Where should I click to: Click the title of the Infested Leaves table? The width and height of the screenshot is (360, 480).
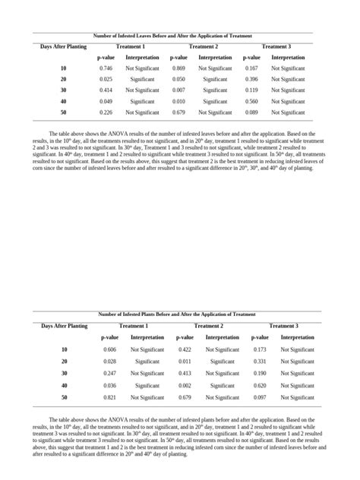pyautogui.click(x=172, y=36)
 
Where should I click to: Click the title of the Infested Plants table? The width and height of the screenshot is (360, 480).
pyautogui.click(x=176, y=314)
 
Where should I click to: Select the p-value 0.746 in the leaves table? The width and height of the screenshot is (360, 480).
pyautogui.click(x=106, y=68)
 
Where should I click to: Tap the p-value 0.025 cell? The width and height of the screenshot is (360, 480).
pyautogui.click(x=106, y=79)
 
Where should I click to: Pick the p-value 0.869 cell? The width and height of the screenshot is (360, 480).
pyautogui.click(x=178, y=68)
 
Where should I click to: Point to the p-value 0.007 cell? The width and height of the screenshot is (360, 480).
pyautogui.click(x=178, y=90)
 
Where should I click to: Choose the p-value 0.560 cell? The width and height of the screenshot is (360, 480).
pyautogui.click(x=251, y=101)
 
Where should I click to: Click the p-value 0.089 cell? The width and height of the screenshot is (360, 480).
pyautogui.click(x=251, y=112)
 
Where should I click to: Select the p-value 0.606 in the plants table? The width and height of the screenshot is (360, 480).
pyautogui.click(x=109, y=349)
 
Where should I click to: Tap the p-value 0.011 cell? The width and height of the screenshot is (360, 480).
pyautogui.click(x=185, y=362)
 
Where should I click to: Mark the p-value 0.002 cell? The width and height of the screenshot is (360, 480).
pyautogui.click(x=185, y=385)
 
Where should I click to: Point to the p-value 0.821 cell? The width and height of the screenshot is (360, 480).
pyautogui.click(x=109, y=397)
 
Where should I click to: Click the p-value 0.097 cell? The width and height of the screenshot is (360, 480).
pyautogui.click(x=260, y=397)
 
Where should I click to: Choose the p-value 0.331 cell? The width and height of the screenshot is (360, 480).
pyautogui.click(x=260, y=362)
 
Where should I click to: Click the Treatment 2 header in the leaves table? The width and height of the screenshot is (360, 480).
pyautogui.click(x=204, y=46)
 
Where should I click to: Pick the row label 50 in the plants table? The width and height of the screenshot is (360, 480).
pyautogui.click(x=65, y=397)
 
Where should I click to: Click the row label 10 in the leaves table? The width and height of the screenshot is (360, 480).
pyautogui.click(x=63, y=68)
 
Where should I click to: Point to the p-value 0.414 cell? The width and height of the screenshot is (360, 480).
pyautogui.click(x=106, y=90)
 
